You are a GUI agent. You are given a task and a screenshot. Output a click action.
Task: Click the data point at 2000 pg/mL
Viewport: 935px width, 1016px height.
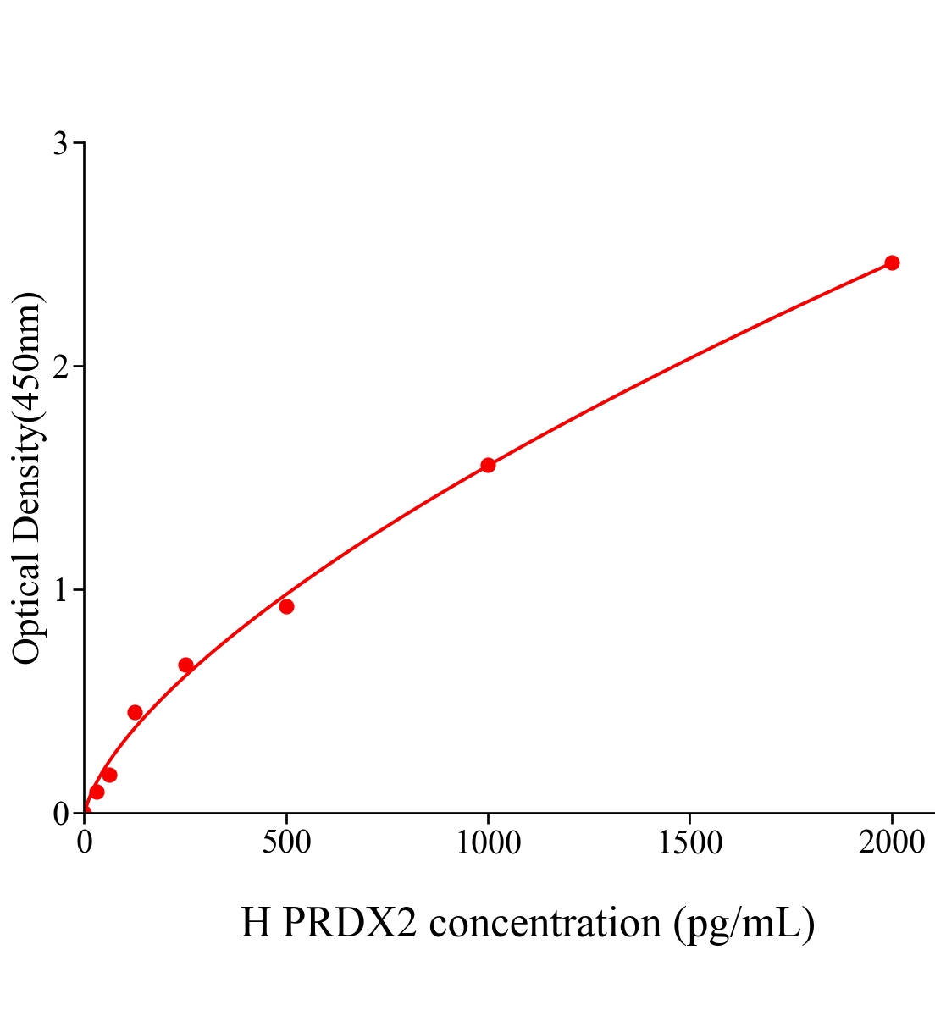click(891, 262)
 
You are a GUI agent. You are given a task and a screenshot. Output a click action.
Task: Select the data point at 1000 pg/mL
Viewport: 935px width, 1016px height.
click(488, 465)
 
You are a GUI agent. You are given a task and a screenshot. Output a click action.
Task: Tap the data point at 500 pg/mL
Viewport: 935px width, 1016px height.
click(286, 606)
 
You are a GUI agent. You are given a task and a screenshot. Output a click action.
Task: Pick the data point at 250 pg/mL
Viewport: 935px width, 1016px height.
click(185, 665)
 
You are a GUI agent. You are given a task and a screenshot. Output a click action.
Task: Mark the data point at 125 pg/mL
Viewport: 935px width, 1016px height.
click(135, 712)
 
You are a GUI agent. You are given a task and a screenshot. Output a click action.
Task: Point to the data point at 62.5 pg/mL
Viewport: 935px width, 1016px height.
click(109, 775)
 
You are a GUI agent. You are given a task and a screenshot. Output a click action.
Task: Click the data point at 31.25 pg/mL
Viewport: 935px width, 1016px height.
click(97, 792)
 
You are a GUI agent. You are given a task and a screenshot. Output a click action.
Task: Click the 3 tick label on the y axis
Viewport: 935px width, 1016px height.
click(60, 144)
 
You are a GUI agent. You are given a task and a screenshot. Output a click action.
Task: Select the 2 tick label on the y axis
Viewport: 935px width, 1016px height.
click(60, 367)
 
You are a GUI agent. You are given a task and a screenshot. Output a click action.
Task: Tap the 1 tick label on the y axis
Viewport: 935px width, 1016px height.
click(60, 590)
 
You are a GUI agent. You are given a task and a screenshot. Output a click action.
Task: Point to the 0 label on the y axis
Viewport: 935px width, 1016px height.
click(60, 814)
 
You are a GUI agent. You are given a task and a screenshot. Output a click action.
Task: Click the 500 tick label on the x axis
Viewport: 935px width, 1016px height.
click(286, 843)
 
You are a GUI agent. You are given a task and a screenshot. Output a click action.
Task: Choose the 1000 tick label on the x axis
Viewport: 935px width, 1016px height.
click(488, 843)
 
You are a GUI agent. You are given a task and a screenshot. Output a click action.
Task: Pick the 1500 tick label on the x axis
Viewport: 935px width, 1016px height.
click(689, 843)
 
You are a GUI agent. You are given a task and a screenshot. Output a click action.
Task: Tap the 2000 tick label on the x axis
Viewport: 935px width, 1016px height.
click(891, 843)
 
